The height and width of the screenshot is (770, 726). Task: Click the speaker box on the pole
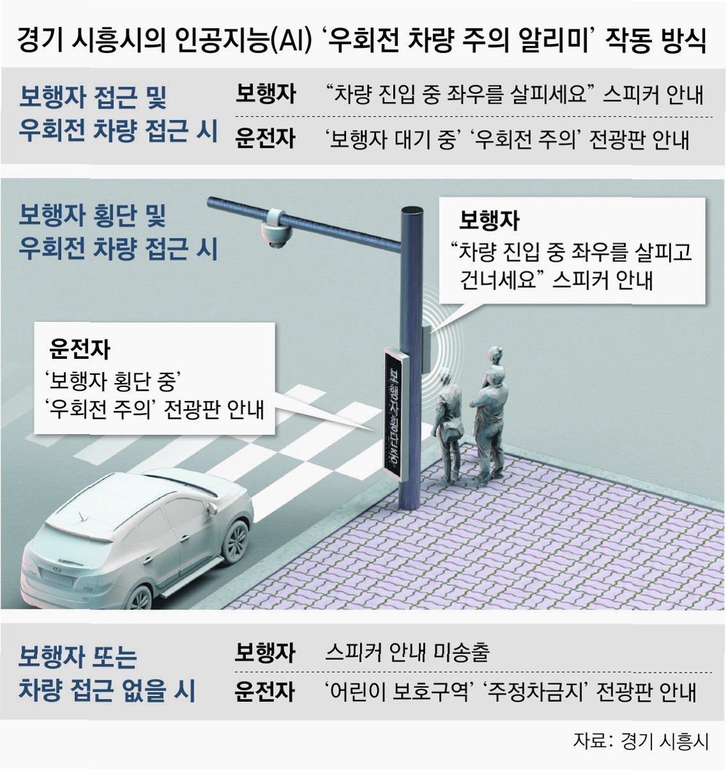coord(426,348)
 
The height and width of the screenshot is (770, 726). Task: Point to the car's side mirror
coord(211,507)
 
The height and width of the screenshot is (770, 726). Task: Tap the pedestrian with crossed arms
coord(490,414)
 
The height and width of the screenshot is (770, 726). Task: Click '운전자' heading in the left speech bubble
coord(80,349)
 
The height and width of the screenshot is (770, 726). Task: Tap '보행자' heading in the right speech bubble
coord(489,221)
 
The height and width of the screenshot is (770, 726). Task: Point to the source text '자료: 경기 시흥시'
coord(640,741)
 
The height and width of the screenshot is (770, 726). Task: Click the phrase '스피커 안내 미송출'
coord(407,651)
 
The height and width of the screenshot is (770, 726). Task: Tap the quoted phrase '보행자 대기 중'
coord(390,139)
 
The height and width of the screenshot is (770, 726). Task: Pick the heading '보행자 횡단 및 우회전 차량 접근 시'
coord(118,232)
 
